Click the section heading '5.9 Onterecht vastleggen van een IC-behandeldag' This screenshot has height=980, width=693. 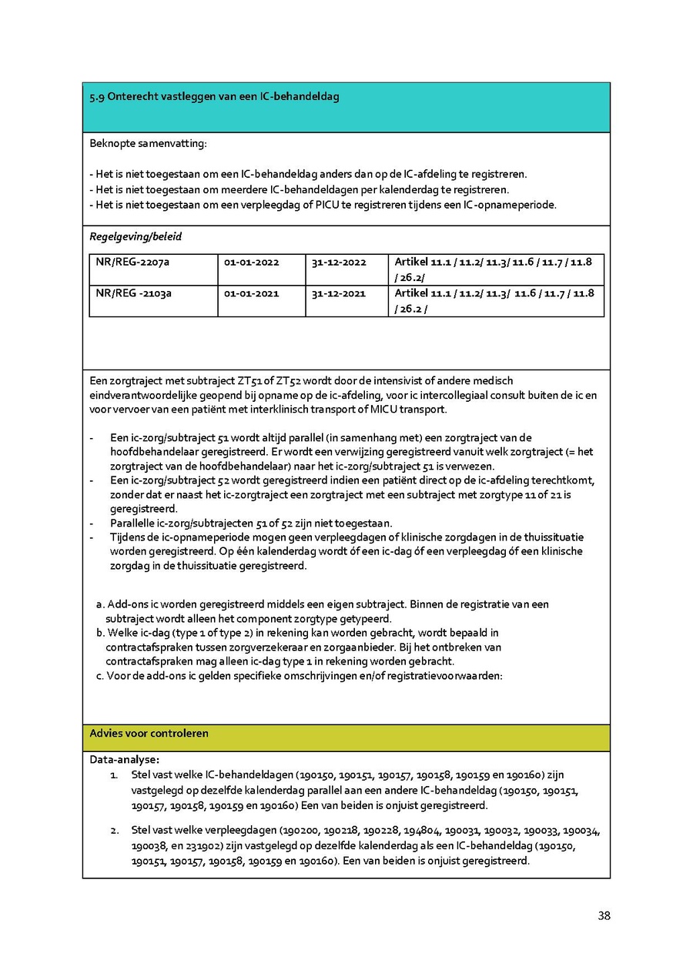214,97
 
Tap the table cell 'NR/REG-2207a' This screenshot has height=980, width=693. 132,263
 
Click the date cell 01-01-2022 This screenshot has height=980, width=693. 251,263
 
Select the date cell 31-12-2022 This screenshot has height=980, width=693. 339,263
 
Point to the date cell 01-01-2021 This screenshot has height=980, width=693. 251,293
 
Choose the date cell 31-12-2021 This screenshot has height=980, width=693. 339,293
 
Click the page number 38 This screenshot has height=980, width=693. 604,916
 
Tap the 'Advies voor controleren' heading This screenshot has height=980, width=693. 149,734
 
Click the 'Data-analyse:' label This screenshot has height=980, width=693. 124,759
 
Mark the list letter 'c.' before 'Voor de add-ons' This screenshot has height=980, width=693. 100,676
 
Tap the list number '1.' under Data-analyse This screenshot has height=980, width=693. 115,775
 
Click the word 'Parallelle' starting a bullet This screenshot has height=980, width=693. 136,523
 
